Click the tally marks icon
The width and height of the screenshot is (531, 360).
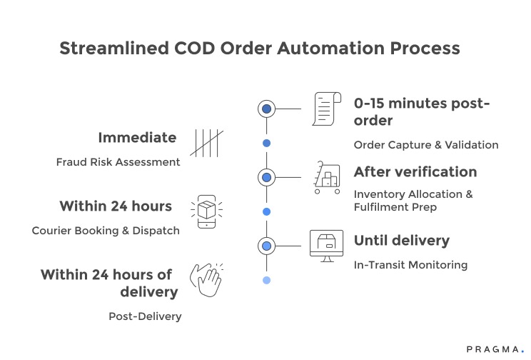click(206, 143)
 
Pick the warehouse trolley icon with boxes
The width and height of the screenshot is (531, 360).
click(327, 178)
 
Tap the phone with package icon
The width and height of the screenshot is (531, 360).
click(206, 211)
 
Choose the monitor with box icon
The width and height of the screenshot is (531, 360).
click(326, 244)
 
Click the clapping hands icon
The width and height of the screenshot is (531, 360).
click(206, 279)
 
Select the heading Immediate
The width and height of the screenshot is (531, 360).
click(137, 138)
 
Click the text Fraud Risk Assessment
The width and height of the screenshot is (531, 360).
click(118, 162)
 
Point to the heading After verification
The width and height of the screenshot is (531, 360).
click(415, 172)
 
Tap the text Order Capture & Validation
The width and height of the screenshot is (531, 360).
click(426, 145)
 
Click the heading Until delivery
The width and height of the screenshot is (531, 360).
click(402, 240)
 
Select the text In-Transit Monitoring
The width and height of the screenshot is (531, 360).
click(410, 265)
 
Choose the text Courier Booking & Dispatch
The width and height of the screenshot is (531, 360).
click(106, 231)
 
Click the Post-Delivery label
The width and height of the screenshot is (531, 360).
click(145, 316)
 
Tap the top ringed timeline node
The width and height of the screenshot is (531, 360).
click(266, 109)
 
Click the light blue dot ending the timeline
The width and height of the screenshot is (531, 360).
click(266, 280)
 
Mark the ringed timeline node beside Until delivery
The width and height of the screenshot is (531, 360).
click(266, 246)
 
